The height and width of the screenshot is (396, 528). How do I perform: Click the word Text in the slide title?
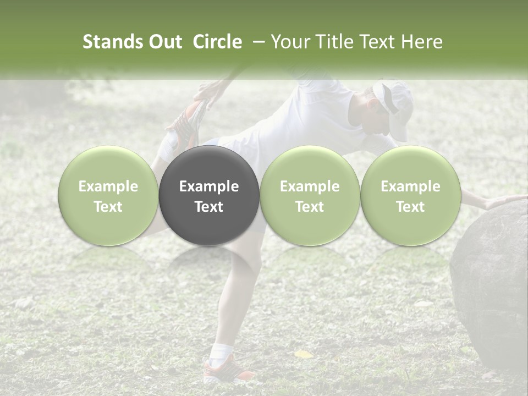click(376, 42)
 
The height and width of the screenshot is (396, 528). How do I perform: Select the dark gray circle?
click(209, 195)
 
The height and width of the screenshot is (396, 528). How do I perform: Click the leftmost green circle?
click(108, 195)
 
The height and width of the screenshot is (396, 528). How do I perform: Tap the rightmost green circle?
click(410, 195)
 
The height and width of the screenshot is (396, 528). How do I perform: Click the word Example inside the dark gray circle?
click(209, 186)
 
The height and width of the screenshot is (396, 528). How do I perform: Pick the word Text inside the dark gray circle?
click(209, 207)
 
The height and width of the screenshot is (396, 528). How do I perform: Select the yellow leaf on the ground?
click(303, 354)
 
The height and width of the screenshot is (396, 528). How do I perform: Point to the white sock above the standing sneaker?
click(223, 350)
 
